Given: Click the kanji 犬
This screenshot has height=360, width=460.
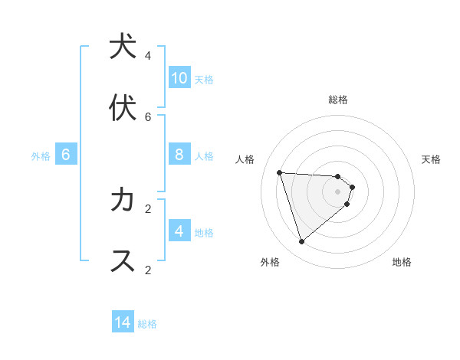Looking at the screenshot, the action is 123,47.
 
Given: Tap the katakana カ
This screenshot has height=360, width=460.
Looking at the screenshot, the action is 123,200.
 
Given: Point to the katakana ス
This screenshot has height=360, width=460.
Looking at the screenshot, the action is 123,260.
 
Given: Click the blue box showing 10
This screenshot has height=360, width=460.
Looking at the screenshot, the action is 179,77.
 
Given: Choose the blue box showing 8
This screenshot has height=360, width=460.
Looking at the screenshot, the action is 179,155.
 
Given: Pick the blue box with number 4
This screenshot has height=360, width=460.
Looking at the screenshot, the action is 179,231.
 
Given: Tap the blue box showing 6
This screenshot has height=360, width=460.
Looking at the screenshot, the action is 66,155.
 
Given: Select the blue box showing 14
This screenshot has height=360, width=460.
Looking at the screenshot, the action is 123,322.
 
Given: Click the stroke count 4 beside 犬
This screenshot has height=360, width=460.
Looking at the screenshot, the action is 148,55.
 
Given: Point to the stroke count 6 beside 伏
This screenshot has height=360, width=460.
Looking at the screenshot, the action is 148,116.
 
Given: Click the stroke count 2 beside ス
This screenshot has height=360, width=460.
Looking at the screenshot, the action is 148,270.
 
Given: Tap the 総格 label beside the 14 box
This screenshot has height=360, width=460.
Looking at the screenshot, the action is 147,324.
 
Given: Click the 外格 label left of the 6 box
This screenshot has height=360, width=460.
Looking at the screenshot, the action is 41,156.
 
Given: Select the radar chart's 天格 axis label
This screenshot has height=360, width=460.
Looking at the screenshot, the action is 431,159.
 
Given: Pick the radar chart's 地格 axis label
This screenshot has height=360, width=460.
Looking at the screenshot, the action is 402,262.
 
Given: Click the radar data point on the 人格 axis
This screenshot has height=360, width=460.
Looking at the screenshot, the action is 280,172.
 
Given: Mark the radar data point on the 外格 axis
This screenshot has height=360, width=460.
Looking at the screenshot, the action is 301,242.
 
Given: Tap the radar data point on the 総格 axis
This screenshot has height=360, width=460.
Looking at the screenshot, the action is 337,177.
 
